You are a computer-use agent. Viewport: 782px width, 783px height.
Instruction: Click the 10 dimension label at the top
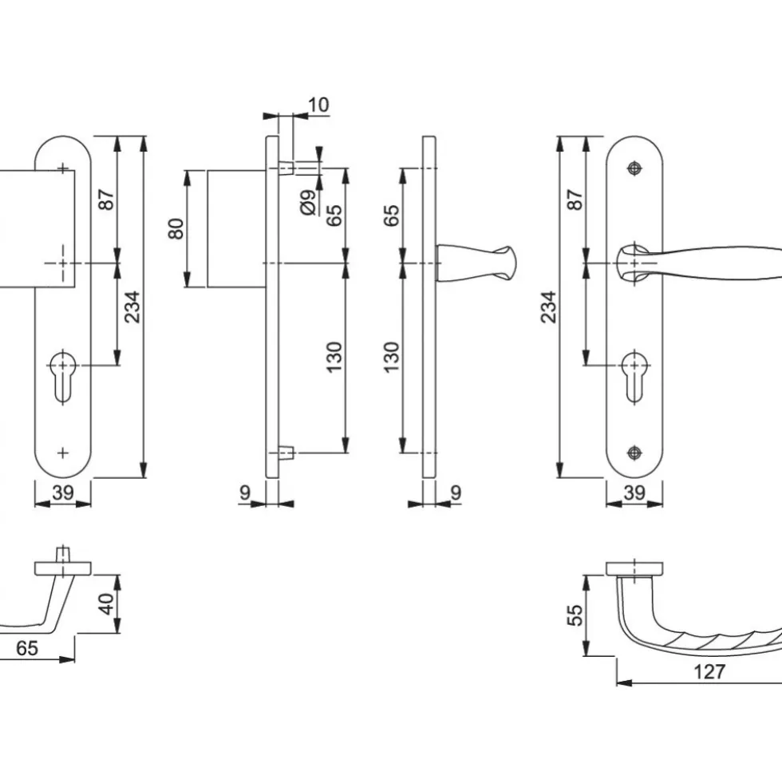point(318,105)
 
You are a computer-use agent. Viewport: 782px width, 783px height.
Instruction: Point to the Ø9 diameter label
point(309,202)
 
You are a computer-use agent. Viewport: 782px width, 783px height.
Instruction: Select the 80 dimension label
point(176,228)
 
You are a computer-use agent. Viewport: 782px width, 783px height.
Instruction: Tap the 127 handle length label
point(709,671)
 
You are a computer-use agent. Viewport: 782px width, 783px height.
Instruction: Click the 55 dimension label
point(575,615)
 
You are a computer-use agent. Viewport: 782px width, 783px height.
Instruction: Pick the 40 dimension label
point(106,603)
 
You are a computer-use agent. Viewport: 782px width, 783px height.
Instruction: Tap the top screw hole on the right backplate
point(634,168)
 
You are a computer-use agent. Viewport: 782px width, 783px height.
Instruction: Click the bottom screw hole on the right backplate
point(634,453)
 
